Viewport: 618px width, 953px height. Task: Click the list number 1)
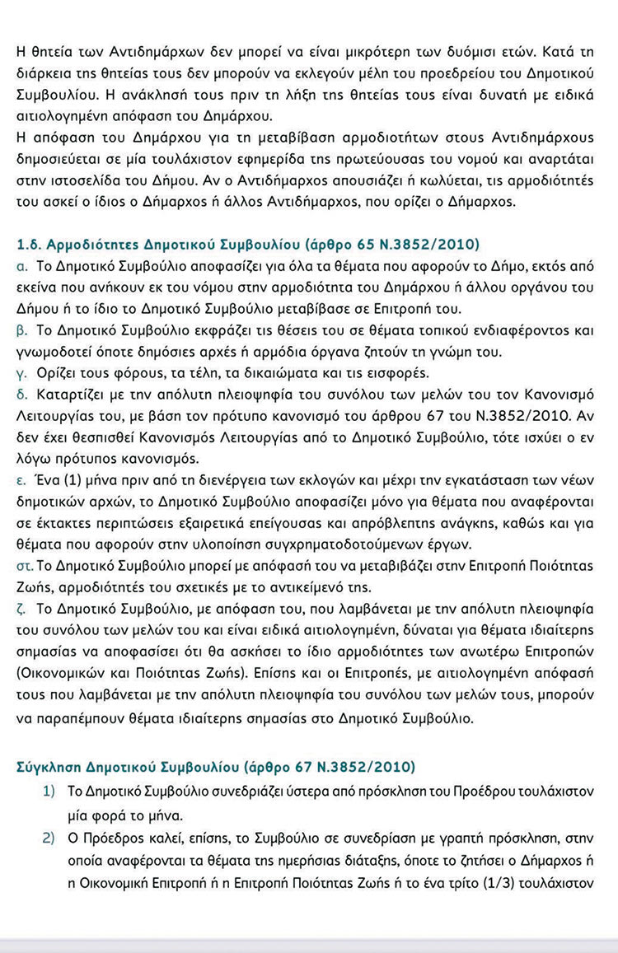[x=49, y=791]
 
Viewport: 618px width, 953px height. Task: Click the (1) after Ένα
[x=66, y=479]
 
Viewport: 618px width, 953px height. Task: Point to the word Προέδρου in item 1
[x=456, y=792]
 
